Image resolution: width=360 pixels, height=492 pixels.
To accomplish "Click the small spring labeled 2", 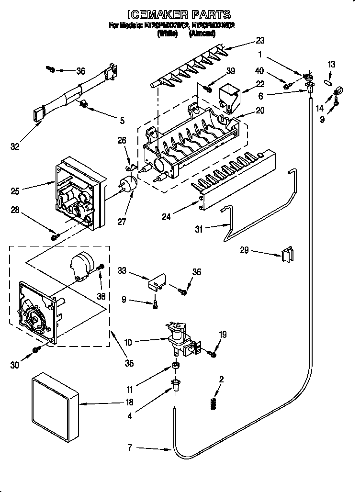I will (214, 403).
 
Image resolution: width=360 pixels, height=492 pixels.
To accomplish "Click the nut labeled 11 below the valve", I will (176, 366).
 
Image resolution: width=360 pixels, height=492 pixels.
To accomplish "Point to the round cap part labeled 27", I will (127, 184).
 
